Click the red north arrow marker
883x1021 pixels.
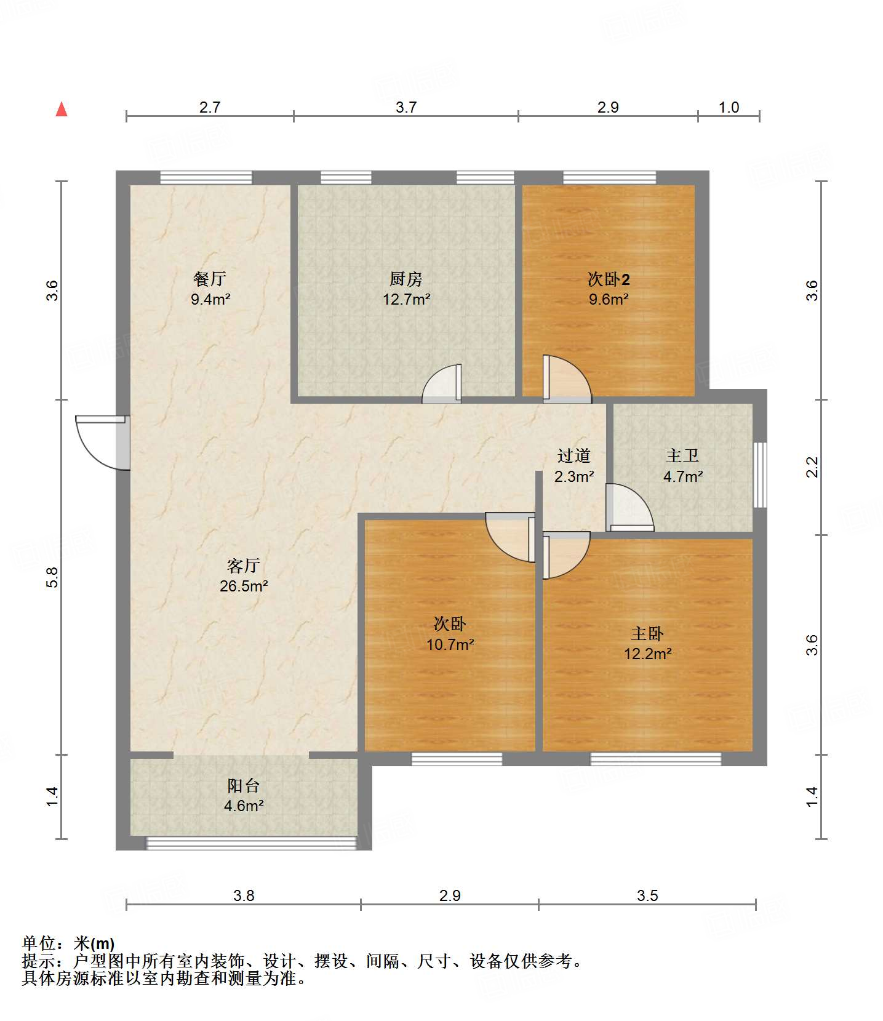(62, 110)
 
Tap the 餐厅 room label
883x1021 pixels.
(210, 279)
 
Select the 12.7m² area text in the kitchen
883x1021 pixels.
(406, 300)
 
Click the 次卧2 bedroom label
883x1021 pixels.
(608, 279)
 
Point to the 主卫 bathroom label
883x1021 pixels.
(682, 456)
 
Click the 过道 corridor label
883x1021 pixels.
(573, 456)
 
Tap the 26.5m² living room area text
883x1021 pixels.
(244, 586)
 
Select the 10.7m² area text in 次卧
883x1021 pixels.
(450, 644)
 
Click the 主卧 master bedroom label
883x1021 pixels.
(647, 633)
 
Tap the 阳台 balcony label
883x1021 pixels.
(244, 785)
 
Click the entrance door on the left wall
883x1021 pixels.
(102, 442)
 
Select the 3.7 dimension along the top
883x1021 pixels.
(406, 107)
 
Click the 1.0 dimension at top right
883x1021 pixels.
(729, 107)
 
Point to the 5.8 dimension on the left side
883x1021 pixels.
(52, 577)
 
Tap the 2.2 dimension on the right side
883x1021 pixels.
(812, 466)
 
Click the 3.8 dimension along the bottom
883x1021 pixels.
(244, 895)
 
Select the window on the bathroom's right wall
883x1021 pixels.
(761, 474)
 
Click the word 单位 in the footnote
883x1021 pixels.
(38, 943)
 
